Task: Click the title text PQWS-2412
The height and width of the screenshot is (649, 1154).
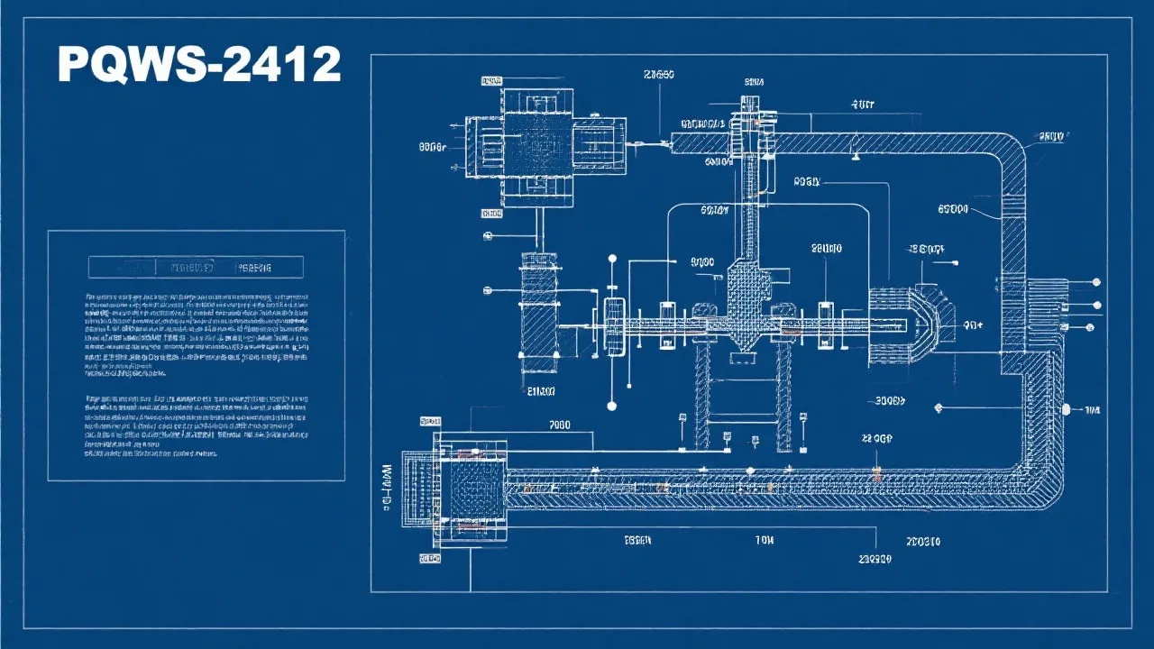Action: click(199, 65)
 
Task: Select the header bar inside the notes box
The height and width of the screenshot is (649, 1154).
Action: click(196, 267)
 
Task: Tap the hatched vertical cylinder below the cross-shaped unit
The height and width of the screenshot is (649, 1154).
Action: click(539, 311)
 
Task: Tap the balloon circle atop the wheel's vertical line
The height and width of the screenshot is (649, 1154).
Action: click(612, 259)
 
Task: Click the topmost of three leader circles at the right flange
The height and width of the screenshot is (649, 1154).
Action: click(1096, 283)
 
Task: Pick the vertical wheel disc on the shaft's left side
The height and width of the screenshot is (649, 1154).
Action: click(616, 326)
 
